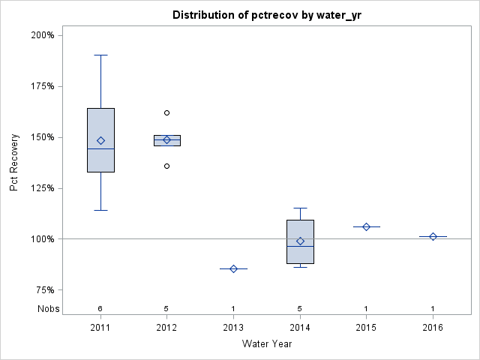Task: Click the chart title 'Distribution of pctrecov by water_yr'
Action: (268, 15)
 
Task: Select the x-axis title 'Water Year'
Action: (267, 344)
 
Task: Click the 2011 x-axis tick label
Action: (100, 328)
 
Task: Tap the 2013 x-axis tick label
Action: (233, 328)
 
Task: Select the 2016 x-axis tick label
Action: (433, 328)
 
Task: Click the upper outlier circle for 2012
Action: (167, 112)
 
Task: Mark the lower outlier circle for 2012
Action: (167, 166)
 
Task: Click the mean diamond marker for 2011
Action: (100, 140)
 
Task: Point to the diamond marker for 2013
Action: (233, 268)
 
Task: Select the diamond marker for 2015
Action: (366, 226)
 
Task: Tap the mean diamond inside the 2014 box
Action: (300, 241)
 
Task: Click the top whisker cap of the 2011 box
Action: (100, 55)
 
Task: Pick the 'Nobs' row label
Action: (48, 309)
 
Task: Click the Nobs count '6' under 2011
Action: (100, 309)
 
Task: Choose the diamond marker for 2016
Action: (433, 236)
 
